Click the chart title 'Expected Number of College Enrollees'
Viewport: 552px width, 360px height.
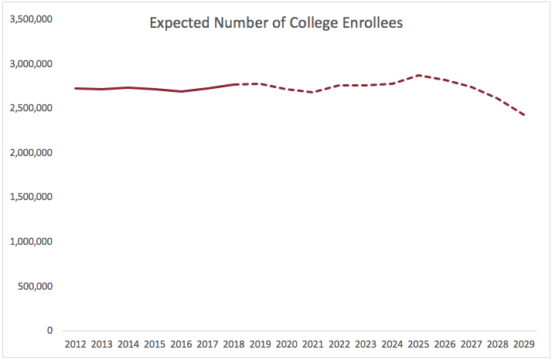[276, 22]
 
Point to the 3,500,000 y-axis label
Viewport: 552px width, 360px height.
[30, 19]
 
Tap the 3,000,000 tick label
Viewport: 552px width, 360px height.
[30, 63]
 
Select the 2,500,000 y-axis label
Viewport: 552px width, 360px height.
[30, 108]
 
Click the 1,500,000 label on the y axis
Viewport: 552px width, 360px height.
[30, 197]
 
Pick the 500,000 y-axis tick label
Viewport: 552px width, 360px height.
[34, 286]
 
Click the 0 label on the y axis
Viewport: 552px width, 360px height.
[50, 331]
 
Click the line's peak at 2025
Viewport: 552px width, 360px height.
[418, 75]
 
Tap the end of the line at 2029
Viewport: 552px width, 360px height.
[523, 115]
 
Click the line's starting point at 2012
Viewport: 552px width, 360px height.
[76, 88]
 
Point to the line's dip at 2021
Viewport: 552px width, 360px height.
[313, 92]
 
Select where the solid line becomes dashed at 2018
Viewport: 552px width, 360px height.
[233, 84]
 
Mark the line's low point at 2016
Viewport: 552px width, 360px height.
[181, 91]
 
